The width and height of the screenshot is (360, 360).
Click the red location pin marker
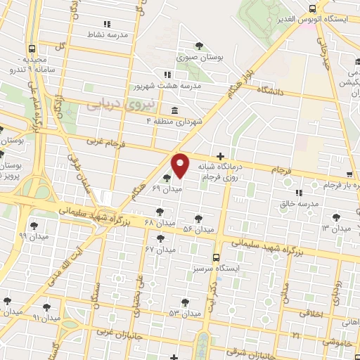(181, 165)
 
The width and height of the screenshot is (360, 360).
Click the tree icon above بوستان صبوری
(200, 46)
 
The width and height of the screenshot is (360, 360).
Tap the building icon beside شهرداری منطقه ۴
(174, 110)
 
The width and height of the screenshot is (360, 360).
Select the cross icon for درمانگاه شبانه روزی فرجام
(221, 155)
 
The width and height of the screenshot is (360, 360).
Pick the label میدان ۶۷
(160, 250)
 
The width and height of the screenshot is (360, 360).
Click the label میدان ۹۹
(32, 236)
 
